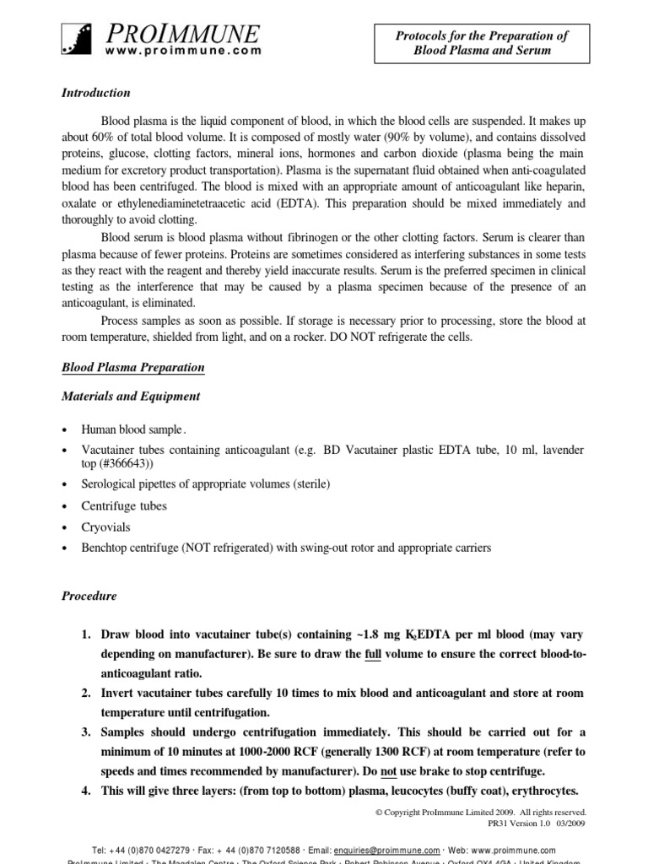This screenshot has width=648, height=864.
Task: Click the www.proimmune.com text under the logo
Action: coord(183,51)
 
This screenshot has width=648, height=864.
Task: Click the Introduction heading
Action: coord(96,93)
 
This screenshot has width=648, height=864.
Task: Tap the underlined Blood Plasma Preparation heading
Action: coord(132,368)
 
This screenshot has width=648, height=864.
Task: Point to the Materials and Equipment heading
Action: coord(131,396)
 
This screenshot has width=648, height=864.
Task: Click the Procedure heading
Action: coord(89,596)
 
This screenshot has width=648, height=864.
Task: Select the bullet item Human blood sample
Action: coord(132,429)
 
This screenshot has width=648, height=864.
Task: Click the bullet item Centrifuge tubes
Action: coord(123,505)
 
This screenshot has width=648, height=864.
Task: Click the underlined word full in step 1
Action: coord(375,654)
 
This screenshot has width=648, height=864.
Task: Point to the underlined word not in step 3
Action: coord(390,771)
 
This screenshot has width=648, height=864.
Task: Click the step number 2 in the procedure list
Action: coord(87,693)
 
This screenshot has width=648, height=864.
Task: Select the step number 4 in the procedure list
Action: coord(87,791)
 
